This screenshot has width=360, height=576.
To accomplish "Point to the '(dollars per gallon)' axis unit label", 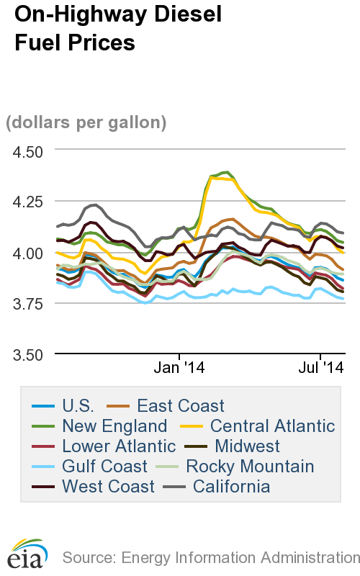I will pyautogui.click(x=86, y=122).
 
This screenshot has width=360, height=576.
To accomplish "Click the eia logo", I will pyautogui.click(x=27, y=552).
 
